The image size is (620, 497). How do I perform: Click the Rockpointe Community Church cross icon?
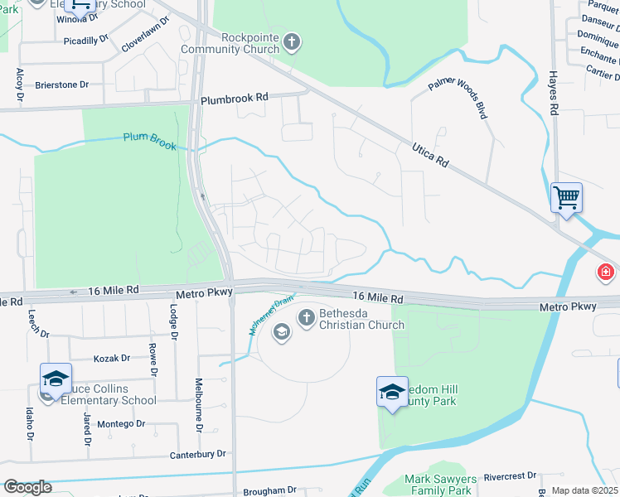[291, 41]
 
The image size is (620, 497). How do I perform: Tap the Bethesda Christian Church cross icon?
[306, 316]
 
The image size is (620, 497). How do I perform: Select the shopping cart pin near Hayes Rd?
[567, 199]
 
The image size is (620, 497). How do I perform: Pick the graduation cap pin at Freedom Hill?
[392, 392]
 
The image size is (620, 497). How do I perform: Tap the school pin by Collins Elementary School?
[56, 379]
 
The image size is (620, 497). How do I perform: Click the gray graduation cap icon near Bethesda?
[281, 332]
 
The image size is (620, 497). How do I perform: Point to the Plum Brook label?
[150, 141]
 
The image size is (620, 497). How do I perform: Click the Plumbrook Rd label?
[235, 97]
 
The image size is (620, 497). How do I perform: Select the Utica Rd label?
[430, 155]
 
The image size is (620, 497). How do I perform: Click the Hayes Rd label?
[553, 94]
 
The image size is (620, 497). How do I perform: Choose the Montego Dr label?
[122, 423]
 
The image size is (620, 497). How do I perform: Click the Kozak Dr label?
[112, 358]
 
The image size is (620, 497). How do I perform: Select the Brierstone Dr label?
[61, 84]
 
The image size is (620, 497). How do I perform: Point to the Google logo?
[27, 487]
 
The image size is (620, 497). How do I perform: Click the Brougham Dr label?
[269, 490]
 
